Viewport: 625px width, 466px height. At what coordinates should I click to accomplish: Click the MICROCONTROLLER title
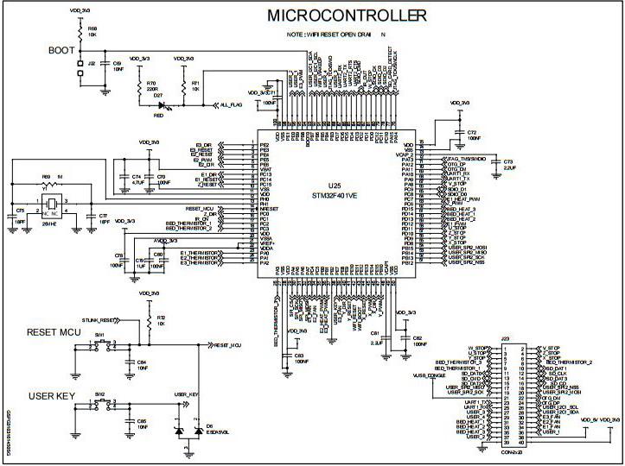pos(347,16)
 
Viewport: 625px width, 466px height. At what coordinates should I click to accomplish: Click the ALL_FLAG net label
pos(232,104)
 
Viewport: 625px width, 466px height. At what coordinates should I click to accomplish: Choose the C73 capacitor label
pos(507,162)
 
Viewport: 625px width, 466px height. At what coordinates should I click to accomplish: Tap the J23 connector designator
pos(507,339)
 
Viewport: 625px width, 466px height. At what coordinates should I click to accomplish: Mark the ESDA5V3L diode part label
pos(216,432)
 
